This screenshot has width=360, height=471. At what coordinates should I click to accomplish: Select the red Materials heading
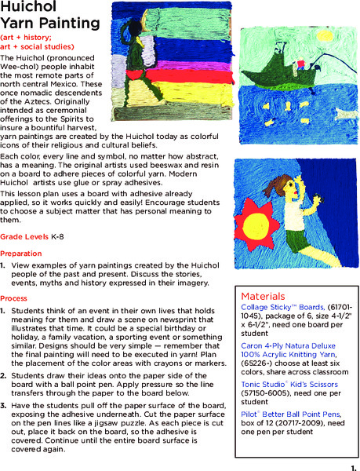(264, 296)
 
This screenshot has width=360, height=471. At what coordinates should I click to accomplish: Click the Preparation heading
(22, 254)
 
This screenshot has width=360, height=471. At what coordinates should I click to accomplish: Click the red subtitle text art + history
(24, 38)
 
